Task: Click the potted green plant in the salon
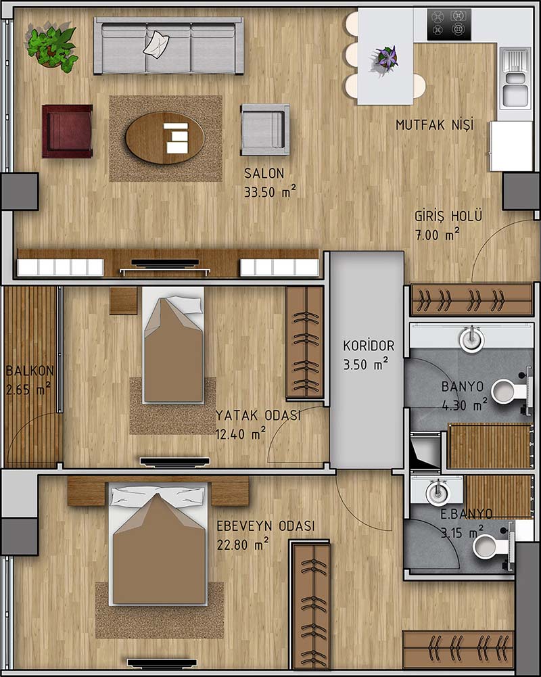pyautogui.click(x=53, y=47)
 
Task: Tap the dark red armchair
pyautogui.click(x=68, y=131)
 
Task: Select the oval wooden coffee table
pyautogui.click(x=164, y=138)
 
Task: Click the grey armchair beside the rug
pyautogui.click(x=264, y=129)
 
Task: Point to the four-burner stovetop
pyautogui.click(x=449, y=24)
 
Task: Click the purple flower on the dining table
pyautogui.click(x=385, y=57)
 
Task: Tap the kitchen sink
pyautogui.click(x=515, y=78)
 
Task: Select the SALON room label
pyautogui.click(x=264, y=173)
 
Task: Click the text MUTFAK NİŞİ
pyautogui.click(x=434, y=124)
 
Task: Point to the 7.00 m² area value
pyautogui.click(x=437, y=235)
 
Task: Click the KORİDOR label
pyautogui.click(x=369, y=346)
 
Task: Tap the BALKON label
pyautogui.click(x=30, y=371)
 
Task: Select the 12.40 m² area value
pyautogui.click(x=241, y=434)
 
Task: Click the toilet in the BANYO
pyautogui.click(x=509, y=391)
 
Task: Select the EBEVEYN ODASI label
pyautogui.click(x=266, y=526)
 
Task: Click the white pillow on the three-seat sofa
pyautogui.click(x=156, y=43)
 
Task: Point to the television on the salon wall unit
pyautogui.click(x=165, y=262)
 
